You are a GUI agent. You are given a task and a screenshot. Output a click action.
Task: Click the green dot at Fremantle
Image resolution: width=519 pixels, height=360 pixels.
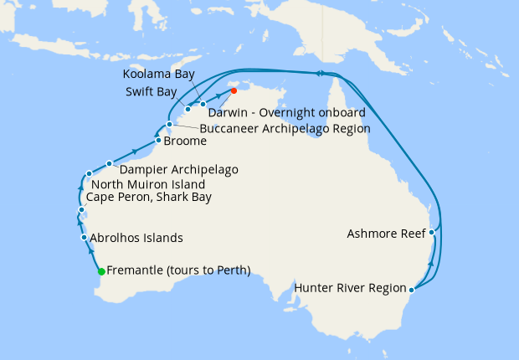click(101, 271)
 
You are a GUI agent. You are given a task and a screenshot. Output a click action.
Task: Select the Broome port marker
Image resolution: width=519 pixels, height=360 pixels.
click(158, 141)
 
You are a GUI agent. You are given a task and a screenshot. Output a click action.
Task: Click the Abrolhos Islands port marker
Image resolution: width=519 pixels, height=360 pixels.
click(84, 238)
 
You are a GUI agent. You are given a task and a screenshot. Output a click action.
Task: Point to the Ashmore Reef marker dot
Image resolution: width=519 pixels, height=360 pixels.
click(432, 233)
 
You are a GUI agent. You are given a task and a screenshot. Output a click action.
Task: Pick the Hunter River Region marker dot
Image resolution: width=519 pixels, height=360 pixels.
click(412, 291)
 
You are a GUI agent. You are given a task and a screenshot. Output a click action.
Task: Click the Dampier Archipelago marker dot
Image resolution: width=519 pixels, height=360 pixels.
click(110, 163)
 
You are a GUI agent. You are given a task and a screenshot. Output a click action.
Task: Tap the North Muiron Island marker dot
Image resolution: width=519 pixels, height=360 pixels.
click(89, 174)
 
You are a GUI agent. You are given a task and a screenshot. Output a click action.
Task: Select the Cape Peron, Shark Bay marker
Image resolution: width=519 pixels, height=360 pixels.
click(80, 209)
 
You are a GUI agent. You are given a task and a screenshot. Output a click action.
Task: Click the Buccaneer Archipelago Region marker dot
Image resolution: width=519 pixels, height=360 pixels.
click(169, 125)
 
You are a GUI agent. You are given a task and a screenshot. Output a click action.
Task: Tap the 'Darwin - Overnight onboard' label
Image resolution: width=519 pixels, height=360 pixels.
click(275, 111)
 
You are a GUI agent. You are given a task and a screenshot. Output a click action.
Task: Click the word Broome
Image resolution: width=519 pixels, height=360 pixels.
click(185, 142)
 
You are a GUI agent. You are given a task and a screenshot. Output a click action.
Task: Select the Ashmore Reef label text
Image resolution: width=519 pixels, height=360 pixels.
click(385, 234)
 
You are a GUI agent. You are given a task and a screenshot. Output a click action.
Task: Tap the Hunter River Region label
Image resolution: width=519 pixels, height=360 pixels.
click(350, 291)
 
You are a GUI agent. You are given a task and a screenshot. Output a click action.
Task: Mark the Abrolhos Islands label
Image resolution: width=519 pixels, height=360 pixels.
click(136, 238)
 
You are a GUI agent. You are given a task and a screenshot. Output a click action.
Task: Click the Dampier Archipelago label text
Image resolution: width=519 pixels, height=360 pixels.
click(179, 169)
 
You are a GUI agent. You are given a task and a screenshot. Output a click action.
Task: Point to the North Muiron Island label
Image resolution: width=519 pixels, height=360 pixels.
click(147, 184)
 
